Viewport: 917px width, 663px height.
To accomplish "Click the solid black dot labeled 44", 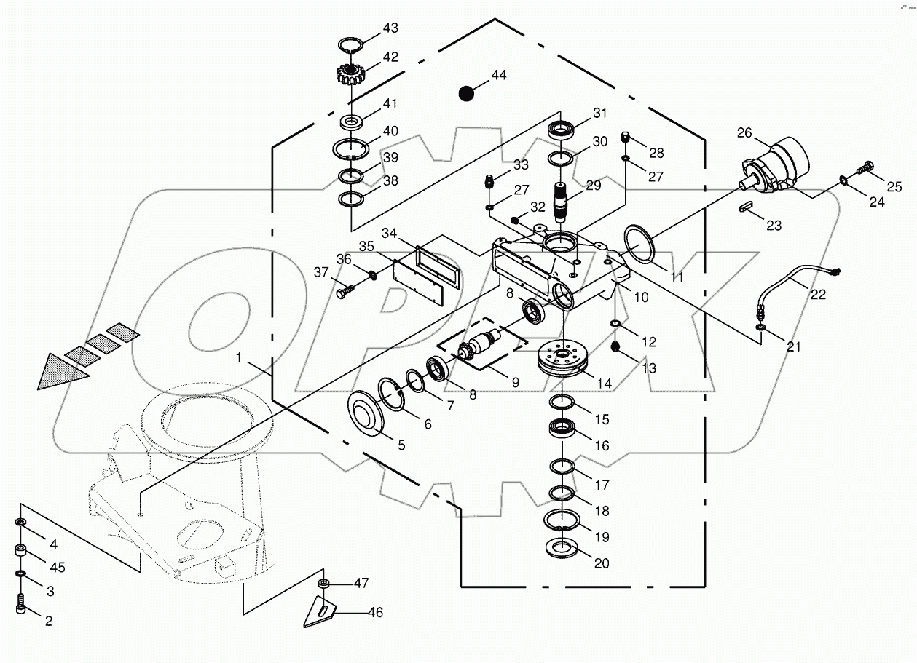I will [x=465, y=93].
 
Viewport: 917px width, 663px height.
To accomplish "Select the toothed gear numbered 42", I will [x=350, y=73].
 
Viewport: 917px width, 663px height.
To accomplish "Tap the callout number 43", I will [x=391, y=28].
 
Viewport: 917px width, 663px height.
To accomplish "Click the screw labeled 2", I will [x=21, y=603].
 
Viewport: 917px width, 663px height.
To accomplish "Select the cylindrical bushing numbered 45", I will [x=21, y=552].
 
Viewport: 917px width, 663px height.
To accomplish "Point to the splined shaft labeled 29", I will [x=562, y=202].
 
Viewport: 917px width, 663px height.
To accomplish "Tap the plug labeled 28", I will [x=625, y=137].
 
